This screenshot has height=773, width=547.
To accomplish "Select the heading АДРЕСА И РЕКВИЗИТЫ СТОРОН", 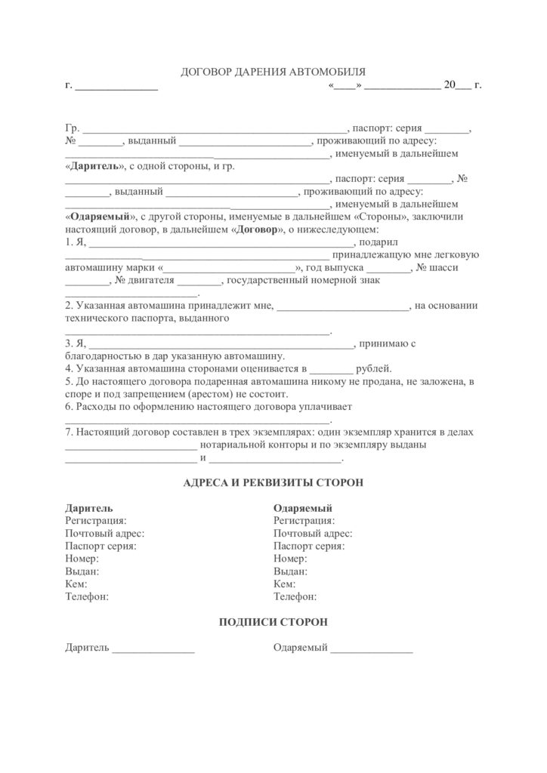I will [x=273, y=482].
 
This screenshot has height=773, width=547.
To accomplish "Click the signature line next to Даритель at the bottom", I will [x=153, y=649].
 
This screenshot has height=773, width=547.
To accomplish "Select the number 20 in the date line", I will [x=450, y=85].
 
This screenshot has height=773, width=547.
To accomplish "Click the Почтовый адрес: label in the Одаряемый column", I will [x=313, y=533].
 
